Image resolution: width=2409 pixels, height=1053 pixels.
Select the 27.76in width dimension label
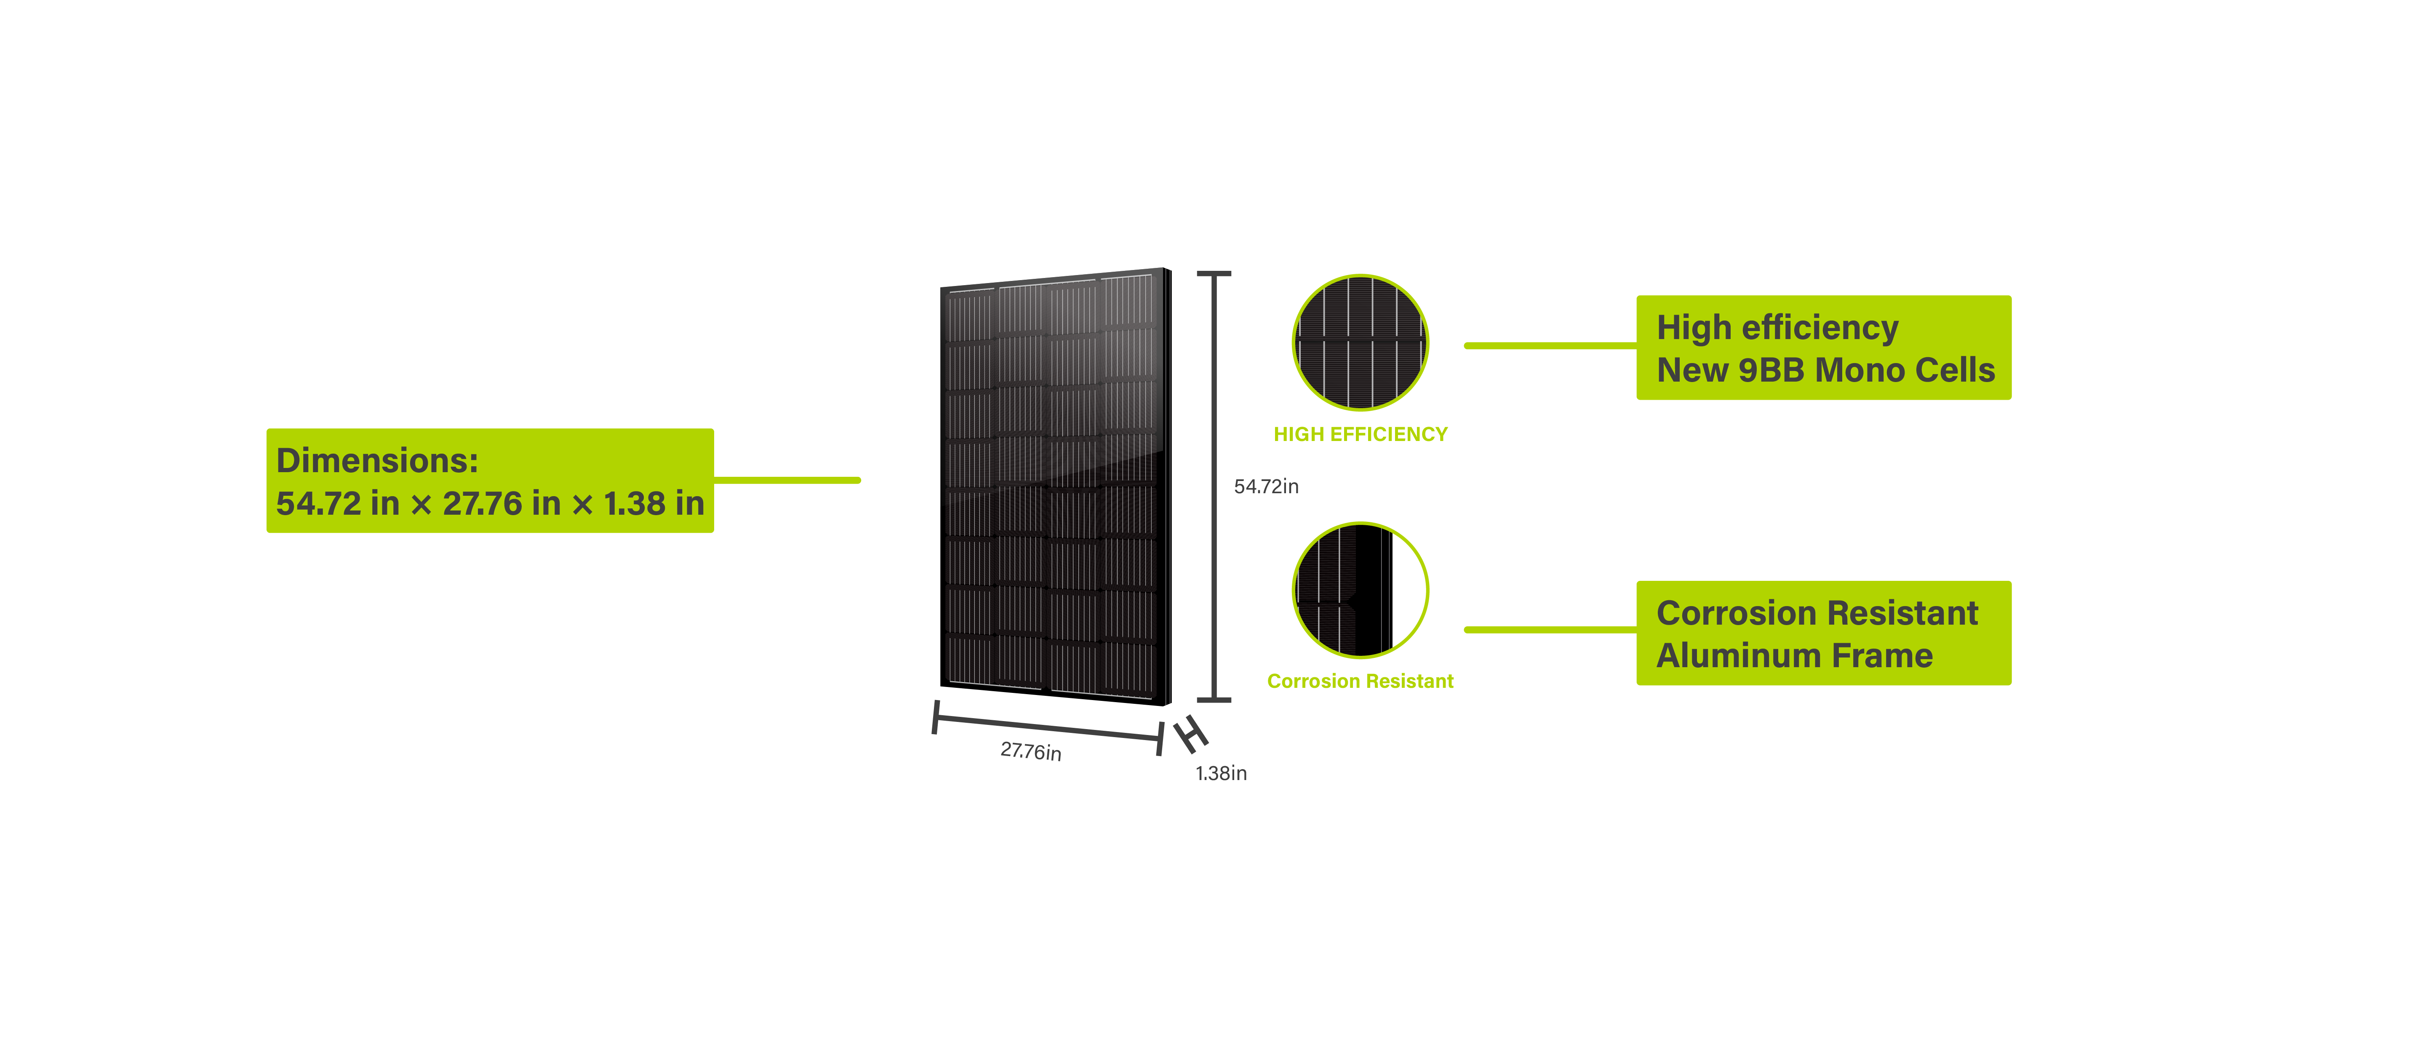click(1030, 751)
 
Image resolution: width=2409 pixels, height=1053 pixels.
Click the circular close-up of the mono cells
click(1360, 342)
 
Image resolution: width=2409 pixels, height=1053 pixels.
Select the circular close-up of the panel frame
click(1360, 590)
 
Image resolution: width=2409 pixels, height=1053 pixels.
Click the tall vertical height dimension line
click(1214, 486)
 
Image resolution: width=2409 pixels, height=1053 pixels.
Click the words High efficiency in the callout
click(1777, 328)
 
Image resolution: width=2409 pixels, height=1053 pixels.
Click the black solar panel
click(1054, 486)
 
